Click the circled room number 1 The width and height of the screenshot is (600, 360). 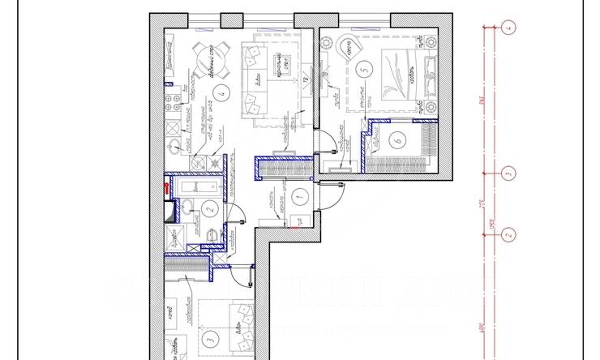tap(298, 195)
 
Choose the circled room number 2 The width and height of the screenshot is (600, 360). tap(208, 209)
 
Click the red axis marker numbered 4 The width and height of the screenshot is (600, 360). tap(508, 28)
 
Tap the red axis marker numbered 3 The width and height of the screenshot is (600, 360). tap(508, 173)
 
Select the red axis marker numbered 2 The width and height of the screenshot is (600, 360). tap(508, 235)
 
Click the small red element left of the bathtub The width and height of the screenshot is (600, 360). tap(166, 186)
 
